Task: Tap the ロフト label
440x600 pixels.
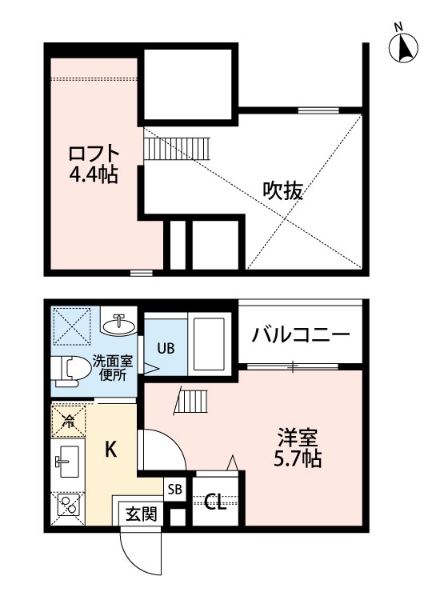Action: click(94, 153)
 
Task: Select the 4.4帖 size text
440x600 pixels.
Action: click(94, 174)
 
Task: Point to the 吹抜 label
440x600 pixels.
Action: click(283, 191)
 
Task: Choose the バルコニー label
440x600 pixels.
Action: click(301, 335)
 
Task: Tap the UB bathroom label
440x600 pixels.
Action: click(165, 348)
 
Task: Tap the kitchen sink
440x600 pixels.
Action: click(66, 462)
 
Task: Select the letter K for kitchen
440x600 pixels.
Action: click(112, 450)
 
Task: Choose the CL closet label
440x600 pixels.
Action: click(214, 502)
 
